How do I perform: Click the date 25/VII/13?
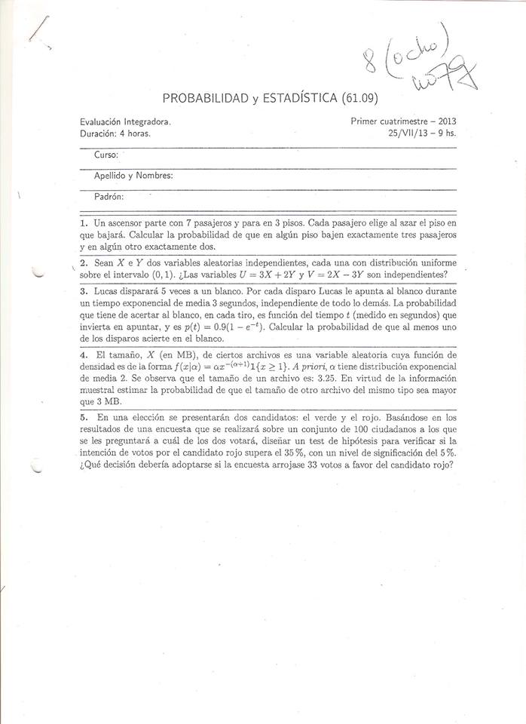point(407,133)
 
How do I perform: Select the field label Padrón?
point(109,196)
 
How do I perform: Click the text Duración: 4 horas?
point(115,133)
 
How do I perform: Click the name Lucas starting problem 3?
point(106,290)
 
